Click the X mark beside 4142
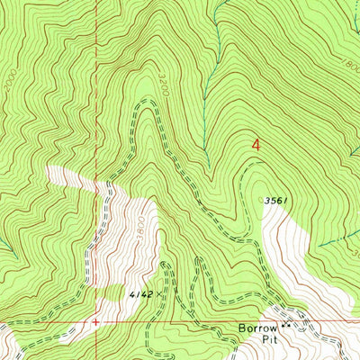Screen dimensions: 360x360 coord(161,293)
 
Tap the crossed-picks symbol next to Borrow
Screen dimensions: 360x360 coord(287,326)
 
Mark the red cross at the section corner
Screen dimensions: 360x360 coord(94,319)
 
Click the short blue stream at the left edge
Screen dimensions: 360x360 coord(5,243)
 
